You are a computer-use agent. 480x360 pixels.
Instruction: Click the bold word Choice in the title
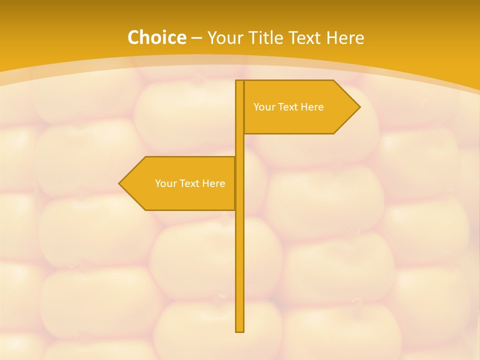coord(156,37)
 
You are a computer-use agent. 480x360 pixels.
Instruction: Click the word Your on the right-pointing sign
coord(264,107)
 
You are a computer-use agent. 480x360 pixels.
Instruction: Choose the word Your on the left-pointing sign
coord(165,183)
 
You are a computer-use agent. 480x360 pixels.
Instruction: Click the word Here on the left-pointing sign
coord(213,183)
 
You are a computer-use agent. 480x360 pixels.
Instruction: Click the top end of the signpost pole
coord(240,81)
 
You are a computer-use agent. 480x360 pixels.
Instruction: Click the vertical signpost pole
coord(240,260)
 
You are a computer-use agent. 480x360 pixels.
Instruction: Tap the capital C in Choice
coord(133,37)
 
